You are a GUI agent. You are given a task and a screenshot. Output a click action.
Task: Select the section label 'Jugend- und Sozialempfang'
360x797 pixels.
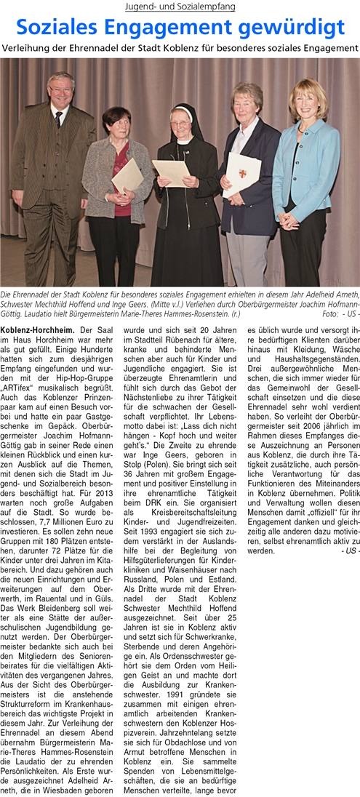pyautogui.click(x=180, y=7)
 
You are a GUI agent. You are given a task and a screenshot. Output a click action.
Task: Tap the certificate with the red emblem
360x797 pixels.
pyautogui.click(x=243, y=174)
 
